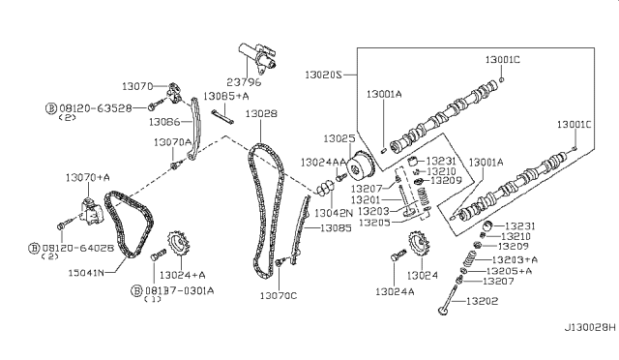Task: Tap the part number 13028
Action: (260, 113)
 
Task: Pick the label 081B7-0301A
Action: (179, 289)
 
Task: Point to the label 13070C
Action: (280, 296)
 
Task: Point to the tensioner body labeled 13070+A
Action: (92, 208)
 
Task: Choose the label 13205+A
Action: (512, 271)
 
